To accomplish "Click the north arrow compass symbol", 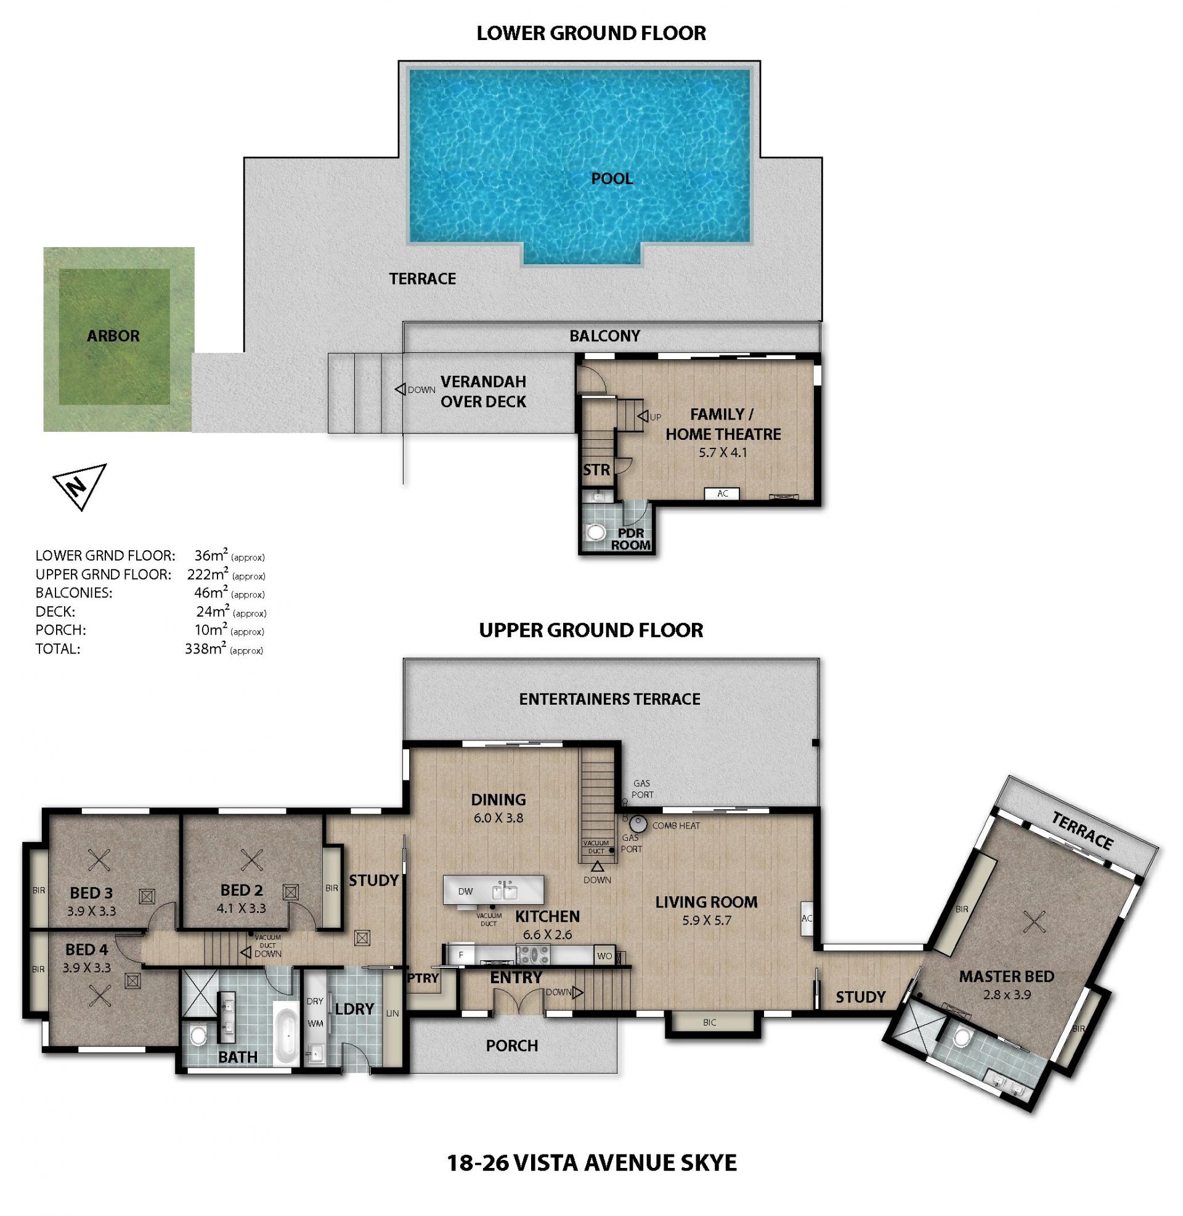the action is [79, 485].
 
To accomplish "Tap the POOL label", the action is [611, 179].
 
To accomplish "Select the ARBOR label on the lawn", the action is [113, 336].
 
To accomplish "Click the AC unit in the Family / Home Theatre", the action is [723, 493].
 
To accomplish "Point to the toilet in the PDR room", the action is [596, 532].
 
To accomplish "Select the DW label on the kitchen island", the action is [465, 891].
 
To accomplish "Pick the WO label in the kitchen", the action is [604, 956].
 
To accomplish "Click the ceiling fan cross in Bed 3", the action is [99, 860].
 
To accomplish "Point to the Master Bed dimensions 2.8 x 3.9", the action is [1007, 994].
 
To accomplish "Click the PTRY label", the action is [423, 978].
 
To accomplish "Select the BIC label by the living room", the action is [710, 1021].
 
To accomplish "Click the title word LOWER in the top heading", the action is [510, 33].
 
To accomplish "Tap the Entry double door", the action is [518, 1000].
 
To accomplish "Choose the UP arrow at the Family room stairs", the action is [643, 416].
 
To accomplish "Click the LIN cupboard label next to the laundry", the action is [392, 1013].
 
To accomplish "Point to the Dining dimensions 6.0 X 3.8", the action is [498, 818].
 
